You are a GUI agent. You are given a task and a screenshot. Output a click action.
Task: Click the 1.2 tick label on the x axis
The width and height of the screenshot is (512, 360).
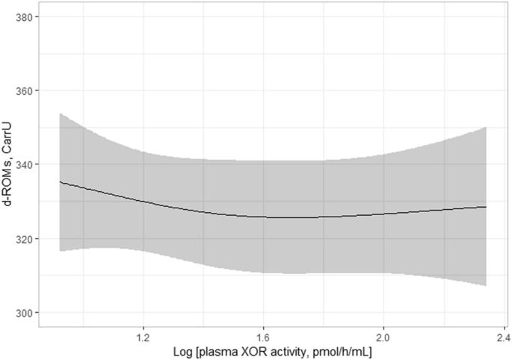tap(143, 335)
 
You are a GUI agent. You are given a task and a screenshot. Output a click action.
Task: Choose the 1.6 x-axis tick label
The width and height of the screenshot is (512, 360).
tap(263, 335)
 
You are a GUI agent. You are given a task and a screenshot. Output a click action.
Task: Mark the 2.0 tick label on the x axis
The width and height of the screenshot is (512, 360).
tap(383, 335)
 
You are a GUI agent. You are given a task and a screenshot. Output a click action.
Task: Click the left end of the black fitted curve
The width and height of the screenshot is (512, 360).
tap(60, 181)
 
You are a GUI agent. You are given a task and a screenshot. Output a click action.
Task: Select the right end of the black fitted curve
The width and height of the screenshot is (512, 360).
tap(487, 207)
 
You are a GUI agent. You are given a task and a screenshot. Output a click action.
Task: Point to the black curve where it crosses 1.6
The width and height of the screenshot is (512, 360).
tap(263, 217)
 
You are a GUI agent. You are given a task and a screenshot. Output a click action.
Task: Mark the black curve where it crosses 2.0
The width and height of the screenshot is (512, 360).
tap(383, 214)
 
